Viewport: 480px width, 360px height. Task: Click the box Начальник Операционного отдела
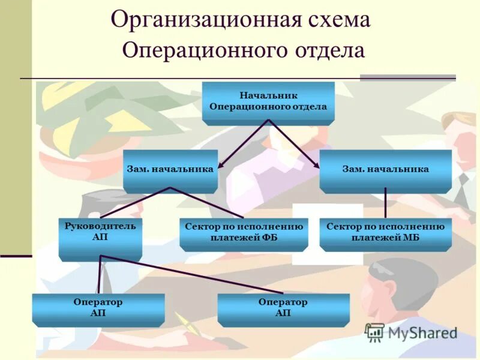268,101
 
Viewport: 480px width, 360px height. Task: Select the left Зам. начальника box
170,170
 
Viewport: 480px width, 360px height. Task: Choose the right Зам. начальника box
385,170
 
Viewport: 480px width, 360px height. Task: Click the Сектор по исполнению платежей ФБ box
244,233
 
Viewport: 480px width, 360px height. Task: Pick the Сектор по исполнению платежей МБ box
385,233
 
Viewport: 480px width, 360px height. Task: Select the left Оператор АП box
98,308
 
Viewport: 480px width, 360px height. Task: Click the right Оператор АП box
283,308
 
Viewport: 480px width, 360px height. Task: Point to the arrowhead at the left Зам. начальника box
221,166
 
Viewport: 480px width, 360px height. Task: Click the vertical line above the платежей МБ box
385,203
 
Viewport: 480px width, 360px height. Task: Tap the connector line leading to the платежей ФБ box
207,203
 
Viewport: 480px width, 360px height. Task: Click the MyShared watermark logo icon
375,332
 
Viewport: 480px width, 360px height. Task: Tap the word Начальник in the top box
268,96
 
